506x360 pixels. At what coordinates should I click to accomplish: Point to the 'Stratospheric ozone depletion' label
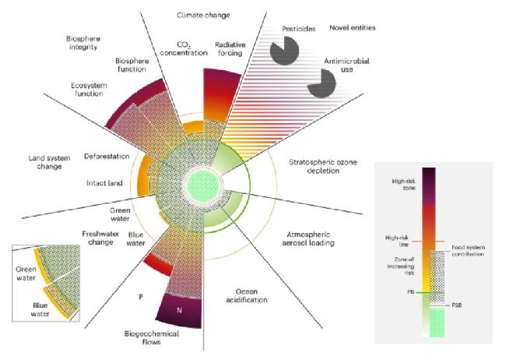tap(319, 166)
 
